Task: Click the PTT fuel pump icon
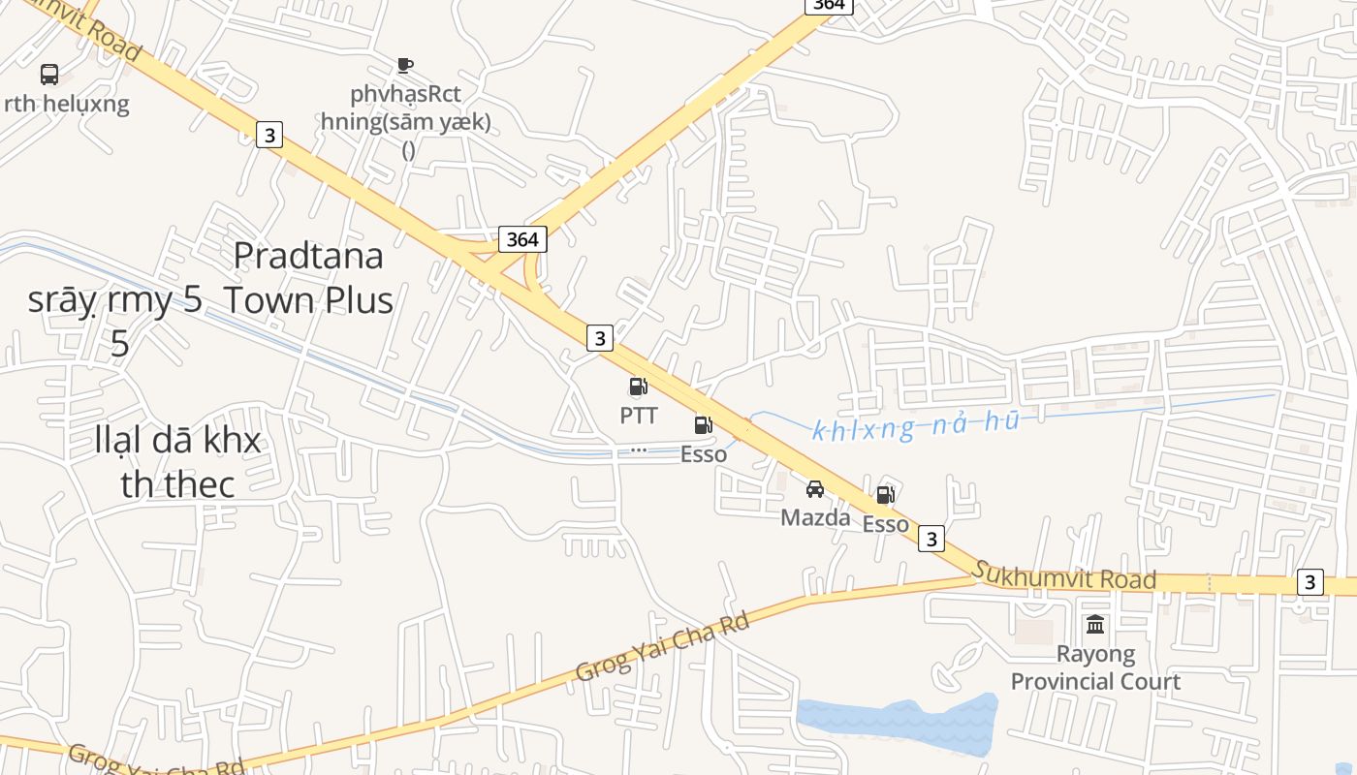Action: [x=638, y=387]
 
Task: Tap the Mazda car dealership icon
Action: [x=815, y=489]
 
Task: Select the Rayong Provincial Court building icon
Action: [x=1095, y=625]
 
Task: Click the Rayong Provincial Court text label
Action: [x=1095, y=667]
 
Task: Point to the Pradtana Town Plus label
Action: [x=309, y=278]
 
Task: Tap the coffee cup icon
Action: [x=405, y=66]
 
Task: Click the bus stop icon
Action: [x=48, y=75]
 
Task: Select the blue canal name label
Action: [x=915, y=425]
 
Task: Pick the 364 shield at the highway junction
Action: [x=522, y=239]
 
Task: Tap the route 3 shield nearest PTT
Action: [x=600, y=338]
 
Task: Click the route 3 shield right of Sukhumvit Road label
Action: [x=1310, y=582]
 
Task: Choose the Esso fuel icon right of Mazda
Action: [x=885, y=495]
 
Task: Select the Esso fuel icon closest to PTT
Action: [x=703, y=425]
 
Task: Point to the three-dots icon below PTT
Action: [x=638, y=450]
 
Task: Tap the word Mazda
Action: [x=815, y=517]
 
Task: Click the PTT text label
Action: [x=639, y=416]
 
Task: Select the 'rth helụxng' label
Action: [x=66, y=104]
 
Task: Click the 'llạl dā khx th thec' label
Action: [x=178, y=461]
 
